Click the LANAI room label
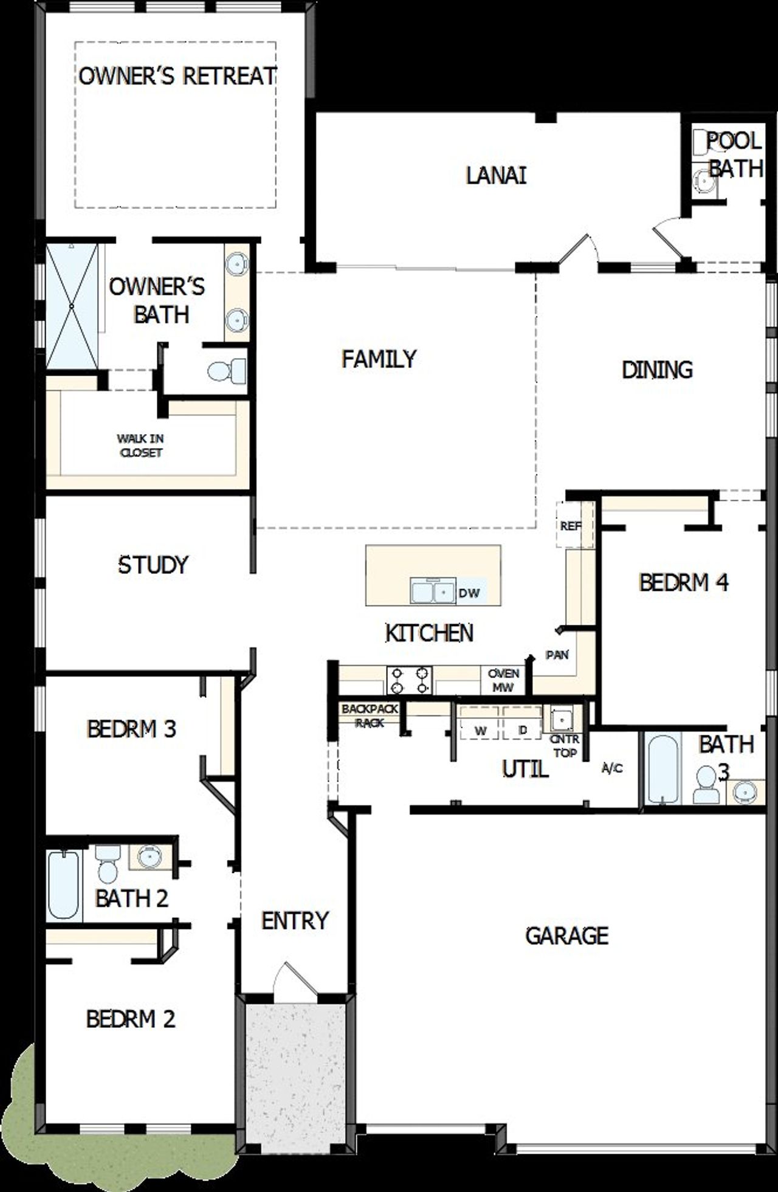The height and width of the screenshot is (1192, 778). point(496,176)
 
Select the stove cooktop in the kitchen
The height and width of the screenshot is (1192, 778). point(410,680)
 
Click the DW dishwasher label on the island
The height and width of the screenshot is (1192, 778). point(469,593)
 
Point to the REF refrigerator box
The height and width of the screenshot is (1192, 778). point(570,525)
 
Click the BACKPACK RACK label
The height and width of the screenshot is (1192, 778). point(370,715)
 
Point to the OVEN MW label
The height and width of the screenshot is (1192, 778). point(503,680)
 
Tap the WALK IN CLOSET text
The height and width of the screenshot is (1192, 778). point(140,445)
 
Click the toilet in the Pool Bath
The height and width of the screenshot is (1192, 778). point(701,143)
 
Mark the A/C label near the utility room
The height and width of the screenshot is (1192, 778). point(611,768)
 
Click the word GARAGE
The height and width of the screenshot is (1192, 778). point(566,935)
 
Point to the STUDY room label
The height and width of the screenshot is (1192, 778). point(153,565)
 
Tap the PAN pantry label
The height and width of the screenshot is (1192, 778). point(557,655)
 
